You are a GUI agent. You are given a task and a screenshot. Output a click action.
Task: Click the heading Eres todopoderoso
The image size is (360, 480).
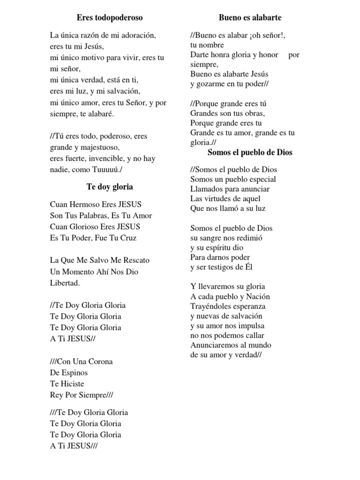[x=110, y=18]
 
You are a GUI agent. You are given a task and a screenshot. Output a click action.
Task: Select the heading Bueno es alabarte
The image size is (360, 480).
[x=250, y=18]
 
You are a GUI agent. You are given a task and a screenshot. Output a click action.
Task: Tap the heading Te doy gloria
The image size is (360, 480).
[x=110, y=187]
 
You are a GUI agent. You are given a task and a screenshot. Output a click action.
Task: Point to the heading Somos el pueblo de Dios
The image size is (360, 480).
[x=250, y=152]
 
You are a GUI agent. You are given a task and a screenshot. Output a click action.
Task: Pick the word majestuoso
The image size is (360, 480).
[x=105, y=148]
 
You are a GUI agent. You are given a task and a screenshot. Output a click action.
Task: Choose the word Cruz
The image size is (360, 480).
[x=127, y=238]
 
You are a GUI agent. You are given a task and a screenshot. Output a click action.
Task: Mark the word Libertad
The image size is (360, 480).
[x=65, y=283]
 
